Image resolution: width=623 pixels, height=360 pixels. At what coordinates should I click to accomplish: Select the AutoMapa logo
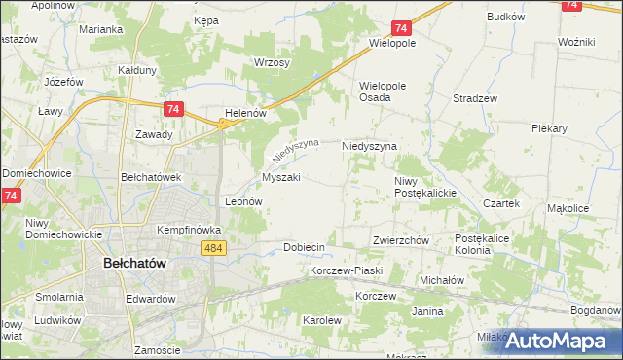click(565, 341)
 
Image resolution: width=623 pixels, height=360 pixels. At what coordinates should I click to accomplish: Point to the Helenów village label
click(245, 113)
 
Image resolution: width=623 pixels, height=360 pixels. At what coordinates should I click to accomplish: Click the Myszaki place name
click(280, 177)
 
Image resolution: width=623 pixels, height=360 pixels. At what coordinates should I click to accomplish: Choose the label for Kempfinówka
click(190, 230)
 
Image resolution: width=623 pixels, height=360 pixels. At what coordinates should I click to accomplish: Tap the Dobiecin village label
click(304, 247)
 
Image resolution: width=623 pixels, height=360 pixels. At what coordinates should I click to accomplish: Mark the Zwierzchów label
click(401, 240)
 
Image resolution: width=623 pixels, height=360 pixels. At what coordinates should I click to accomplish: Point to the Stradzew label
click(476, 98)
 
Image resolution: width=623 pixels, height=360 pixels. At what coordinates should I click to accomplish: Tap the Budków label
click(506, 17)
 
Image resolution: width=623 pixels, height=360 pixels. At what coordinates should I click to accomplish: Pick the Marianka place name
click(101, 29)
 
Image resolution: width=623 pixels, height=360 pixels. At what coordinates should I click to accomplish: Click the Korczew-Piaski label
click(347, 270)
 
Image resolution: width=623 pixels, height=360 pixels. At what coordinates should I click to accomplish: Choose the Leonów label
click(244, 201)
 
